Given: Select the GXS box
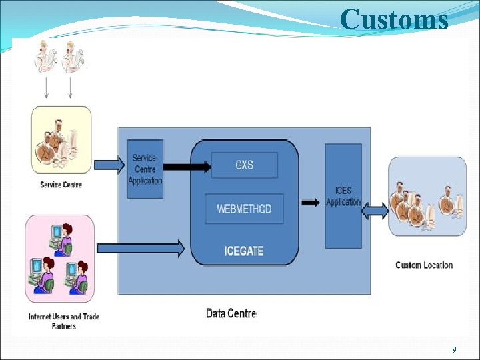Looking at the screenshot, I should point(244,165).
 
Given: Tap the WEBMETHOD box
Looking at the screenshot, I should point(244,209).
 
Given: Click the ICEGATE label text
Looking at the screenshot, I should point(244,251).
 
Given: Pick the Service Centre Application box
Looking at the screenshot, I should point(145,169).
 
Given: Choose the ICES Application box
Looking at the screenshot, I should point(343,196).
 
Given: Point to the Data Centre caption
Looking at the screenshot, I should point(231,313).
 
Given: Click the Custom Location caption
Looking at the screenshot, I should point(423,265).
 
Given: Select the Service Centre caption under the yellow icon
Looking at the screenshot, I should point(61,185).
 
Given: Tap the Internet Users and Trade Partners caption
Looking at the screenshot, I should point(63,321).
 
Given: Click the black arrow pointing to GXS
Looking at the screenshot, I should point(186,167).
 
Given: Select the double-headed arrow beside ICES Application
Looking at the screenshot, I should point(375,211).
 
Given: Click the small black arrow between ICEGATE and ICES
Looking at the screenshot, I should point(310,202).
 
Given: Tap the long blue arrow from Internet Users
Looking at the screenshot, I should point(141,249).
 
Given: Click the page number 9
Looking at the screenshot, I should point(454,350).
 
